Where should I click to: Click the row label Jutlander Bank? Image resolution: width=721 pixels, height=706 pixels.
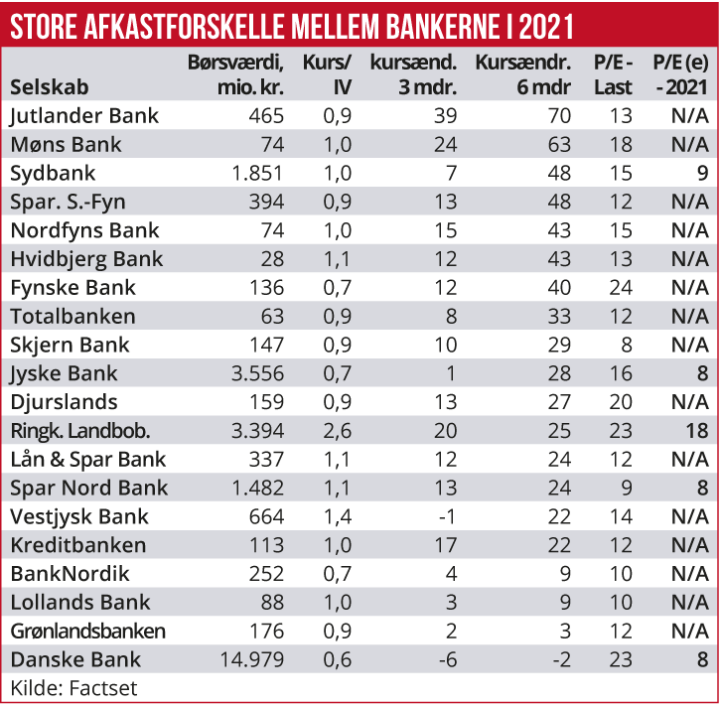point(83,116)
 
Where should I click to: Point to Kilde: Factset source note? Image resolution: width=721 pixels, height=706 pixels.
point(73,687)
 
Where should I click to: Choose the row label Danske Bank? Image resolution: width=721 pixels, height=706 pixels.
point(75,660)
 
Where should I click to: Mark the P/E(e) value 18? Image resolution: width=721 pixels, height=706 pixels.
point(696,431)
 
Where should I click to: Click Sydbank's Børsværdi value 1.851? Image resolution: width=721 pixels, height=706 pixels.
point(257,174)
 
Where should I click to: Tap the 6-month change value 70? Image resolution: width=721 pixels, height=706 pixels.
point(559,116)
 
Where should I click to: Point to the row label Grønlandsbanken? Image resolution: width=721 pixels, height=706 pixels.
point(87,632)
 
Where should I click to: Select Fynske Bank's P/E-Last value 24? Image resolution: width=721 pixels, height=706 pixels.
point(621,288)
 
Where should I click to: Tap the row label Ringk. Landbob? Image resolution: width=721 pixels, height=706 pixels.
point(80,431)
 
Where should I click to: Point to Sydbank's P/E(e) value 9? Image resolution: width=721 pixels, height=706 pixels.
point(702,174)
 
